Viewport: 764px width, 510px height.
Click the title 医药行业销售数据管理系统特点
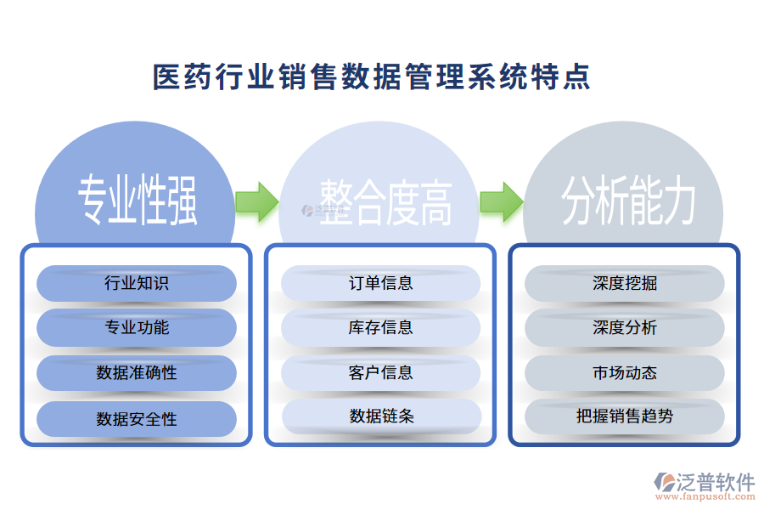[x=371, y=77]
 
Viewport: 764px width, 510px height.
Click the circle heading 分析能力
[x=628, y=201]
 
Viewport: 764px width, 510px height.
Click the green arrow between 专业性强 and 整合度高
[x=256, y=201]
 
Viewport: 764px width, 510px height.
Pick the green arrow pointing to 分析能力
[x=501, y=201]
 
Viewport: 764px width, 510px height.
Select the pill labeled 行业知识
[x=137, y=283]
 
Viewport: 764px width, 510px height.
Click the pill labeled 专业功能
[x=137, y=327]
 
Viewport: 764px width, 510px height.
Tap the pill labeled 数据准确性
[x=137, y=372]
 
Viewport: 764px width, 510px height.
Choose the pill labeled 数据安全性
[x=137, y=418]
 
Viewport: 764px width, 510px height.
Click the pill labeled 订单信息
[x=381, y=283]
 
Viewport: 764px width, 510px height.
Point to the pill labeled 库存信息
[x=381, y=327]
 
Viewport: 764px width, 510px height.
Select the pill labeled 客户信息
[x=381, y=372]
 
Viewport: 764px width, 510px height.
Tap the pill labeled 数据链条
[x=381, y=416]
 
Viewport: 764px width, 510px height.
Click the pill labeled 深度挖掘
[x=625, y=283]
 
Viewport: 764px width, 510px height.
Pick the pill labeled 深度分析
[x=625, y=327]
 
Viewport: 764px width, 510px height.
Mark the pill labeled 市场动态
[x=625, y=372]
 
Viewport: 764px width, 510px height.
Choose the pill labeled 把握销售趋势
[x=625, y=416]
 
